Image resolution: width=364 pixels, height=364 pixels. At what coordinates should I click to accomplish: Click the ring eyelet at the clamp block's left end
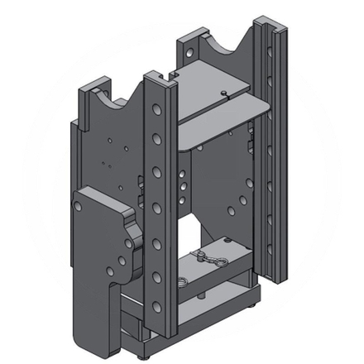(x=199, y=255)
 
